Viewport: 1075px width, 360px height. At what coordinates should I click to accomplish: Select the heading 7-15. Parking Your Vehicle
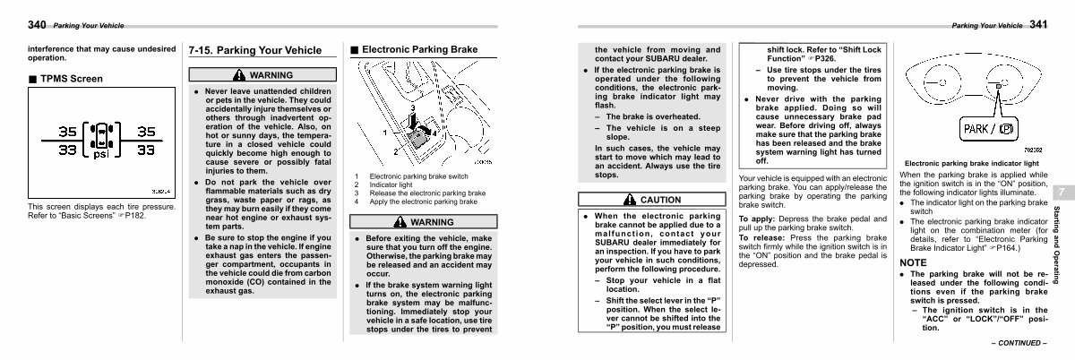pyautogui.click(x=254, y=50)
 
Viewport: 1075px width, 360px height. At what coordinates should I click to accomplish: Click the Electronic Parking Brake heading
pyautogui.click(x=418, y=50)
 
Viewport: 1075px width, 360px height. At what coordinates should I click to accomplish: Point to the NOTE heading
pyautogui.click(x=914, y=262)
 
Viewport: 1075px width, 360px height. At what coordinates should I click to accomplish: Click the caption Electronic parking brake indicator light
pyautogui.click(x=972, y=164)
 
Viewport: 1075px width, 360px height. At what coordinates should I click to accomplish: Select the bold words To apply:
pyautogui.click(x=759, y=219)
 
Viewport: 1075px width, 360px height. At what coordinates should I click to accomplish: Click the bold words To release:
pyautogui.click(x=762, y=236)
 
